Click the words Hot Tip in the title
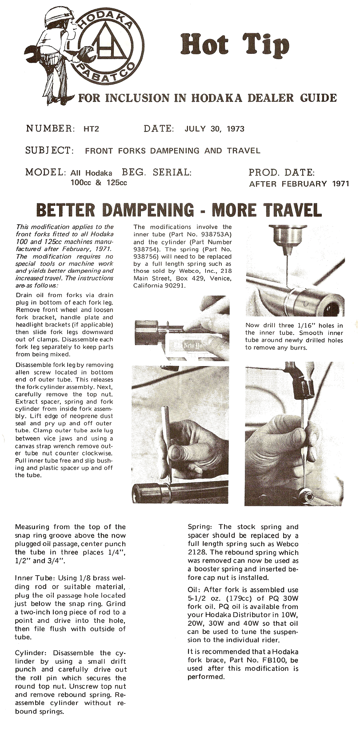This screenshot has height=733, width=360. [235, 46]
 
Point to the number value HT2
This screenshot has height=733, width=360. [91, 129]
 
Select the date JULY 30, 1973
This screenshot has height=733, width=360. [214, 129]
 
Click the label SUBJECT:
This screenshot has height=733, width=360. [49, 150]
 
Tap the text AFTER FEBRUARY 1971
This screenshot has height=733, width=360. [299, 183]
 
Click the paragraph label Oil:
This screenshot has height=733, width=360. [194, 590]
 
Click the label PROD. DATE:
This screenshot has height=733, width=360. [282, 172]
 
